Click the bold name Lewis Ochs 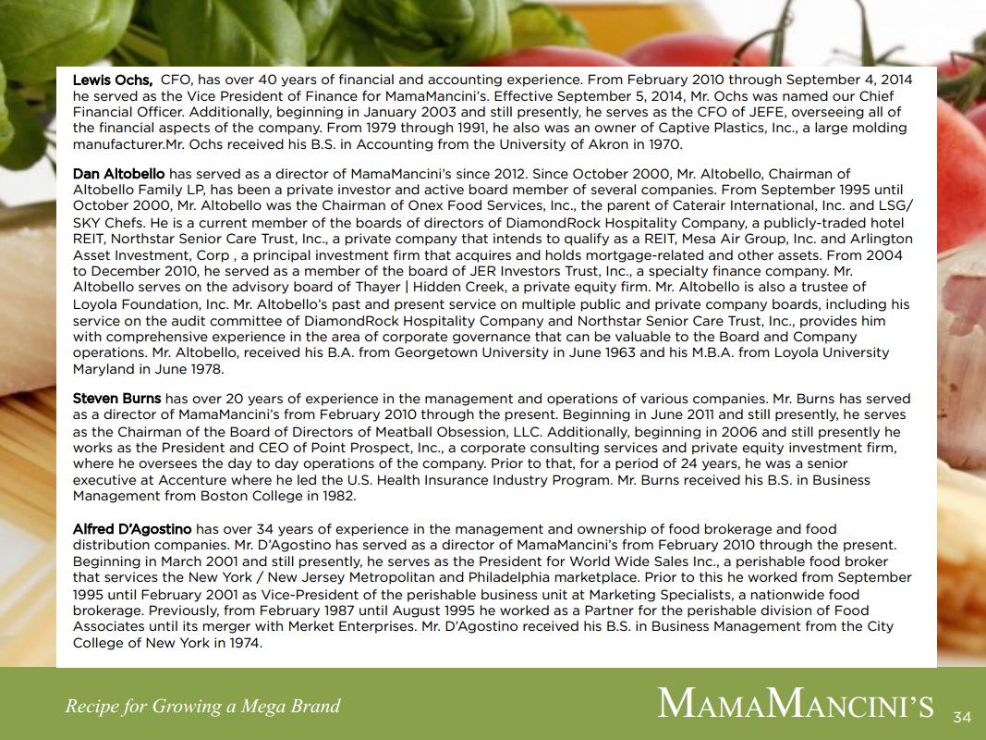click(112, 80)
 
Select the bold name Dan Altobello click(118, 174)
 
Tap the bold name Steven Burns click(116, 399)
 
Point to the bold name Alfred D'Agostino click(132, 529)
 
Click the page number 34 click(962, 717)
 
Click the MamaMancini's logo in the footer click(795, 703)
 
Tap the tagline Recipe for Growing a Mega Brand click(202, 707)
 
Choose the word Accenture click(192, 480)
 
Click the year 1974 click(245, 642)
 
